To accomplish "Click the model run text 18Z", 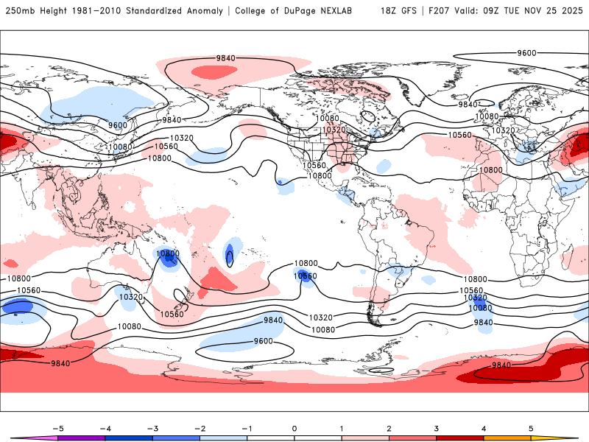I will (389, 11).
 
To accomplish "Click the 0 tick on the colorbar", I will (294, 427).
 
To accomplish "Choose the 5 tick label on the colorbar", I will (531, 427).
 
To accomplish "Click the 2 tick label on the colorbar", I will (389, 427).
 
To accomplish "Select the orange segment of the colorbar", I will (507, 438).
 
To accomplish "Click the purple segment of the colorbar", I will (81, 438).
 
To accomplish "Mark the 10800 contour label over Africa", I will (490, 170).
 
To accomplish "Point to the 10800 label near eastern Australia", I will (167, 254).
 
